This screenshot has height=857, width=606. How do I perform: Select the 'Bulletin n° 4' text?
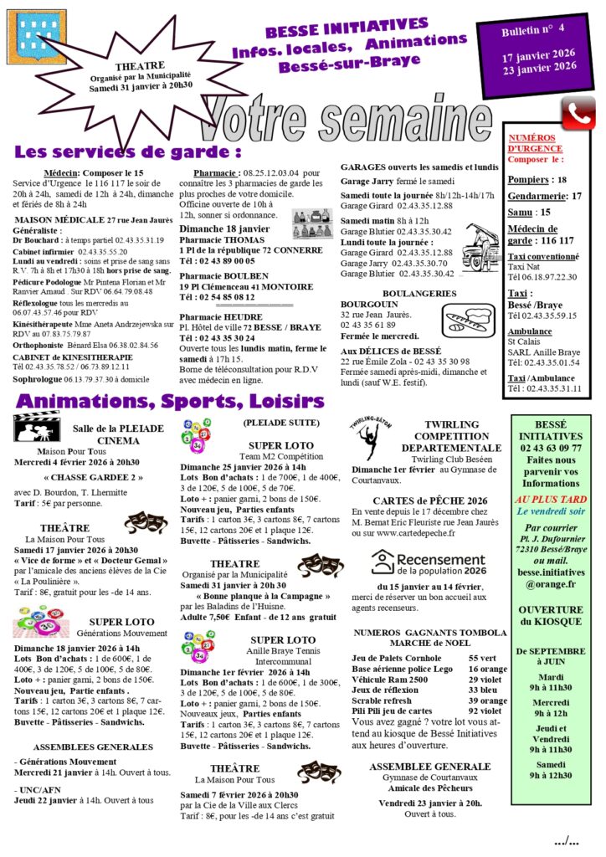click(533, 32)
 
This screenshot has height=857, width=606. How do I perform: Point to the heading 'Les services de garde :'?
click(128, 152)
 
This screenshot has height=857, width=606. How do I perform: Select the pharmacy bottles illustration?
click(311, 223)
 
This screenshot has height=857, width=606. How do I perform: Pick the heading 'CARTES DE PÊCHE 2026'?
click(431, 500)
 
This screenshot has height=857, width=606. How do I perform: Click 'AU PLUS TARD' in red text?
click(549, 499)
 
